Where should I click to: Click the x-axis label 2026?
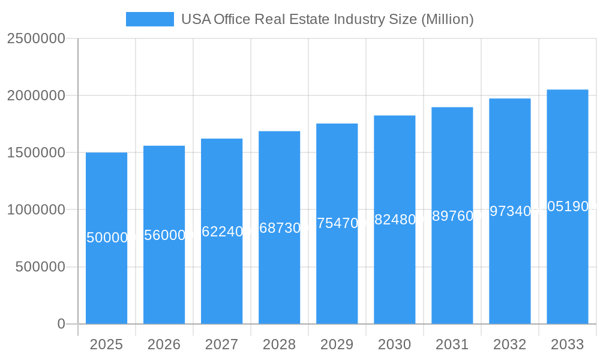point(164,344)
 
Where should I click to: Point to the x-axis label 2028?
point(279,344)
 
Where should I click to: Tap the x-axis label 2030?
point(394,344)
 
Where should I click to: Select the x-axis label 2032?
point(509,344)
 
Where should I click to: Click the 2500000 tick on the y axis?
point(35,38)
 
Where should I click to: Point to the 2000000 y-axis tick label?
point(35,95)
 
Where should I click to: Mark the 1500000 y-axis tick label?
point(35,152)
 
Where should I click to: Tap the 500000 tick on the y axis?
point(40,267)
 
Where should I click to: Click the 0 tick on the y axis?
point(61,324)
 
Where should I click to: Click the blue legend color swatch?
point(149,19)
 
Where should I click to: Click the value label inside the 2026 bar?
point(164,235)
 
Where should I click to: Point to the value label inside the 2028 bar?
point(279,227)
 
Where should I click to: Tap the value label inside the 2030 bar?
point(394,220)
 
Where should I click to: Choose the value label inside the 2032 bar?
point(509,211)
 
